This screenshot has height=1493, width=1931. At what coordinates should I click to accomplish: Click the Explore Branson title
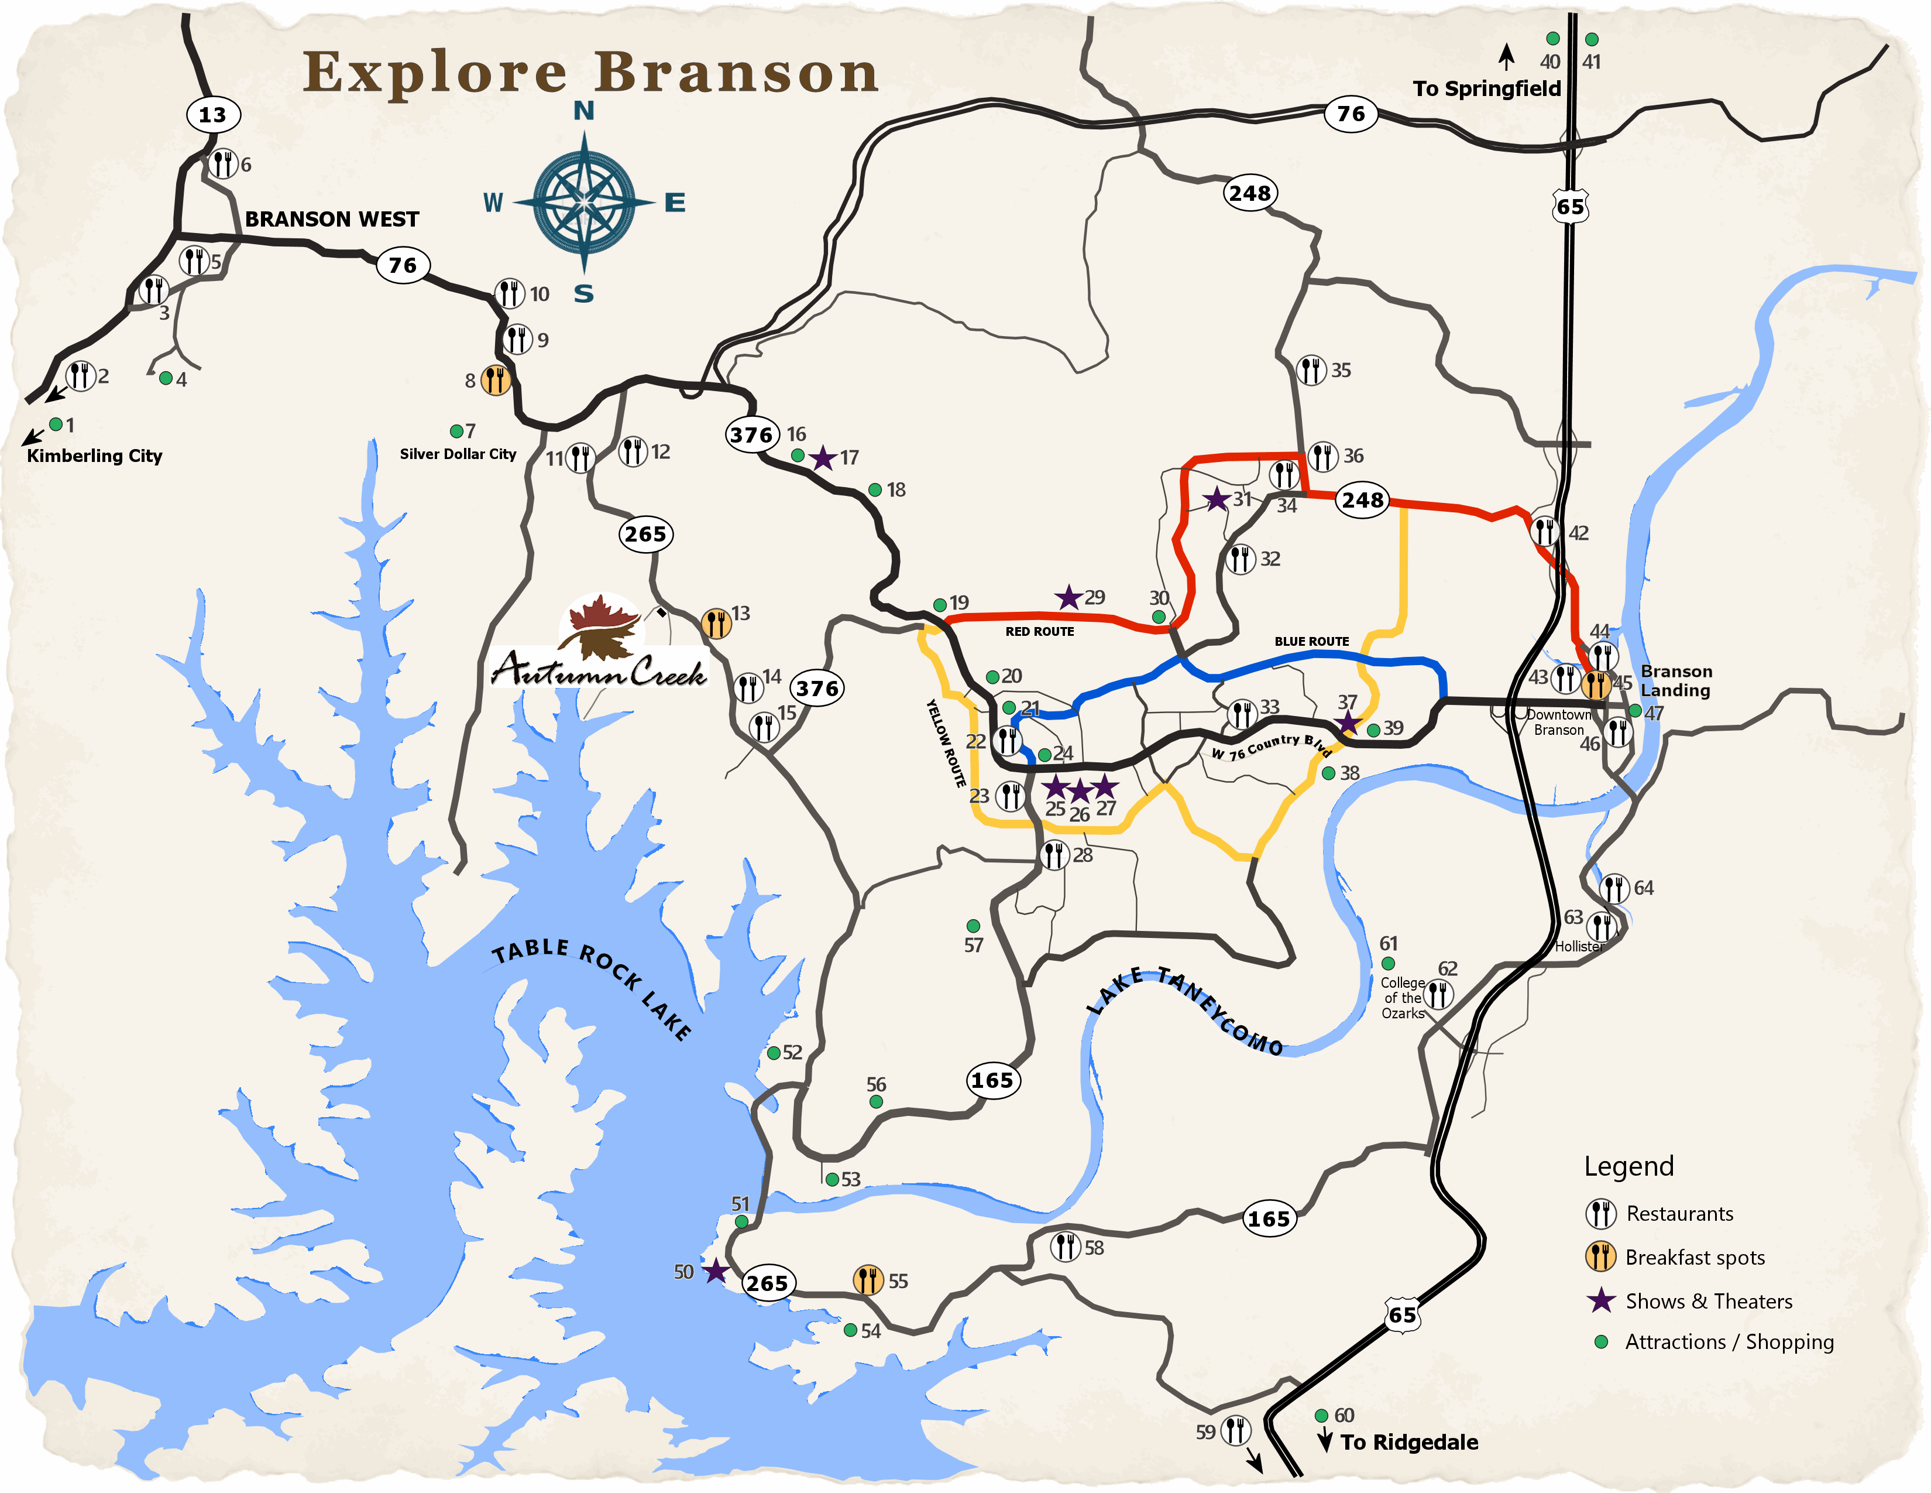click(590, 73)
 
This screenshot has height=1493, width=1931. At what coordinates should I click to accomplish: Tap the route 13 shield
click(212, 114)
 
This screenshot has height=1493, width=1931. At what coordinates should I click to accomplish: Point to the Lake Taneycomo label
click(1185, 1008)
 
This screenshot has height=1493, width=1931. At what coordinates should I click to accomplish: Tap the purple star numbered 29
click(1069, 598)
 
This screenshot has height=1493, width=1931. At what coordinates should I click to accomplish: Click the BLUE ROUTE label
click(1311, 641)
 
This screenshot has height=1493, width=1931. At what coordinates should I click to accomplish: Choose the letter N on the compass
click(583, 111)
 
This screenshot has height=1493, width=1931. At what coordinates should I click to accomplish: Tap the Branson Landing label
click(1675, 680)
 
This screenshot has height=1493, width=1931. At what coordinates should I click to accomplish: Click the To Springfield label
click(1486, 88)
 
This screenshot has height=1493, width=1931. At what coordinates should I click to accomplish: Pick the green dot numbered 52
click(774, 1053)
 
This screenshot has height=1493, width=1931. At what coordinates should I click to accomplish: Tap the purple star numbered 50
click(715, 1272)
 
